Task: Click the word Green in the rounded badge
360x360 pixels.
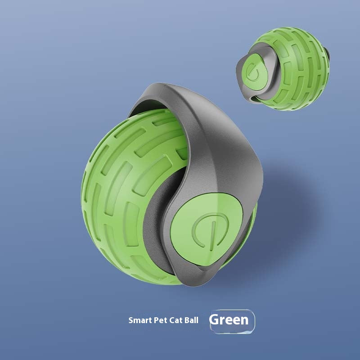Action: [229, 320]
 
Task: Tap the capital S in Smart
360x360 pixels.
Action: [131, 321]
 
